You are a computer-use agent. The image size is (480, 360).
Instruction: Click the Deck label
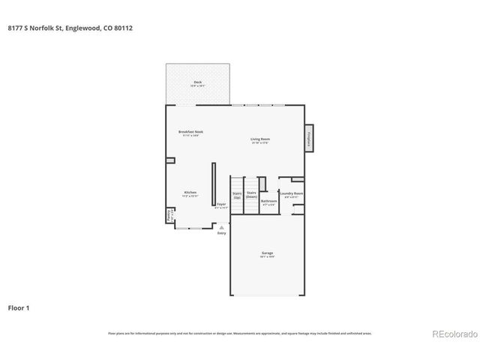pyautogui.click(x=198, y=83)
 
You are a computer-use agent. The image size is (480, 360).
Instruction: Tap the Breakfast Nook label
pyautogui.click(x=190, y=133)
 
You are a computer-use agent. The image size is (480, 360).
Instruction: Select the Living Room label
pyautogui.click(x=260, y=140)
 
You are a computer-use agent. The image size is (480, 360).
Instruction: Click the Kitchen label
pyautogui.click(x=190, y=193)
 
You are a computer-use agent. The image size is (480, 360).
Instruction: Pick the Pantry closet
pyautogui.click(x=169, y=216)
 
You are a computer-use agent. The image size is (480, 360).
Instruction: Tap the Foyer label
pyautogui.click(x=221, y=205)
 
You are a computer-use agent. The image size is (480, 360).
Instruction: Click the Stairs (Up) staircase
pyautogui.click(x=237, y=196)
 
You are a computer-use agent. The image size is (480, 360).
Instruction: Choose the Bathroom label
pyautogui.click(x=268, y=202)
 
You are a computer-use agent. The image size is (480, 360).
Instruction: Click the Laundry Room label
pyautogui.click(x=292, y=195)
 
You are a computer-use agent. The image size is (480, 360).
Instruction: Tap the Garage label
pyautogui.click(x=267, y=255)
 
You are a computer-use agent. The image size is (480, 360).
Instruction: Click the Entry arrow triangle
pyautogui.click(x=221, y=226)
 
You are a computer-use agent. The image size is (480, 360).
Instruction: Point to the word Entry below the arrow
pyautogui.click(x=221, y=233)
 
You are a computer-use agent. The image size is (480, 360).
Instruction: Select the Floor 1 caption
pyautogui.click(x=19, y=307)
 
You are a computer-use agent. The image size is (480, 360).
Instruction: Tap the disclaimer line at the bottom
pyautogui.click(x=240, y=334)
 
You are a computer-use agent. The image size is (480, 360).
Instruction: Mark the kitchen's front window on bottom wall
pyautogui.click(x=193, y=228)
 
